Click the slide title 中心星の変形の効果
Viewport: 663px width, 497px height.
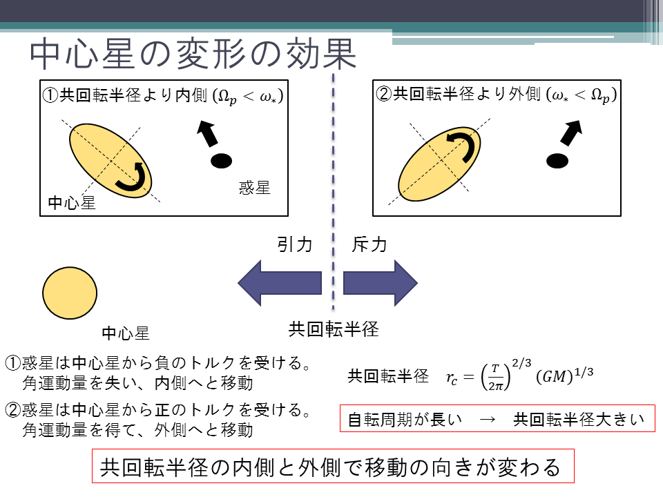pyautogui.click(x=193, y=54)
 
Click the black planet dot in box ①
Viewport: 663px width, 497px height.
pyautogui.click(x=221, y=161)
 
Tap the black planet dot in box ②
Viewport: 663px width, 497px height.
pyautogui.click(x=557, y=161)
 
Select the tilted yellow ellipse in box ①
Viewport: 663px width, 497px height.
pyautogui.click(x=110, y=161)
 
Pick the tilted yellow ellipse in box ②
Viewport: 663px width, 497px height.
pyautogui.click(x=440, y=164)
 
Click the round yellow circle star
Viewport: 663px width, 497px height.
pyautogui.click(x=70, y=293)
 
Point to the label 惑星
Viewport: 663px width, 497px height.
pyautogui.click(x=255, y=188)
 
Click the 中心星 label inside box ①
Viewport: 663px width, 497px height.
pyautogui.click(x=72, y=203)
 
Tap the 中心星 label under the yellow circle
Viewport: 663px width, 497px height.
pyautogui.click(x=126, y=333)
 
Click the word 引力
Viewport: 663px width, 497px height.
pyautogui.click(x=295, y=244)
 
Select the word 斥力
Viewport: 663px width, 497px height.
pyautogui.click(x=369, y=244)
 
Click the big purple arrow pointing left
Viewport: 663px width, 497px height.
pyautogui.click(x=280, y=283)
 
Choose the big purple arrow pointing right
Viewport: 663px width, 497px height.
pyautogui.click(x=381, y=283)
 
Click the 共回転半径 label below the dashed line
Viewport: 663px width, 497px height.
pyautogui.click(x=334, y=329)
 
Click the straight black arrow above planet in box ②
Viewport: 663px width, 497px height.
pyautogui.click(x=572, y=133)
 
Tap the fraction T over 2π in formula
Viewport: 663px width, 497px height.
pyautogui.click(x=496, y=377)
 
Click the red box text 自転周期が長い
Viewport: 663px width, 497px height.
pyautogui.click(x=405, y=420)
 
